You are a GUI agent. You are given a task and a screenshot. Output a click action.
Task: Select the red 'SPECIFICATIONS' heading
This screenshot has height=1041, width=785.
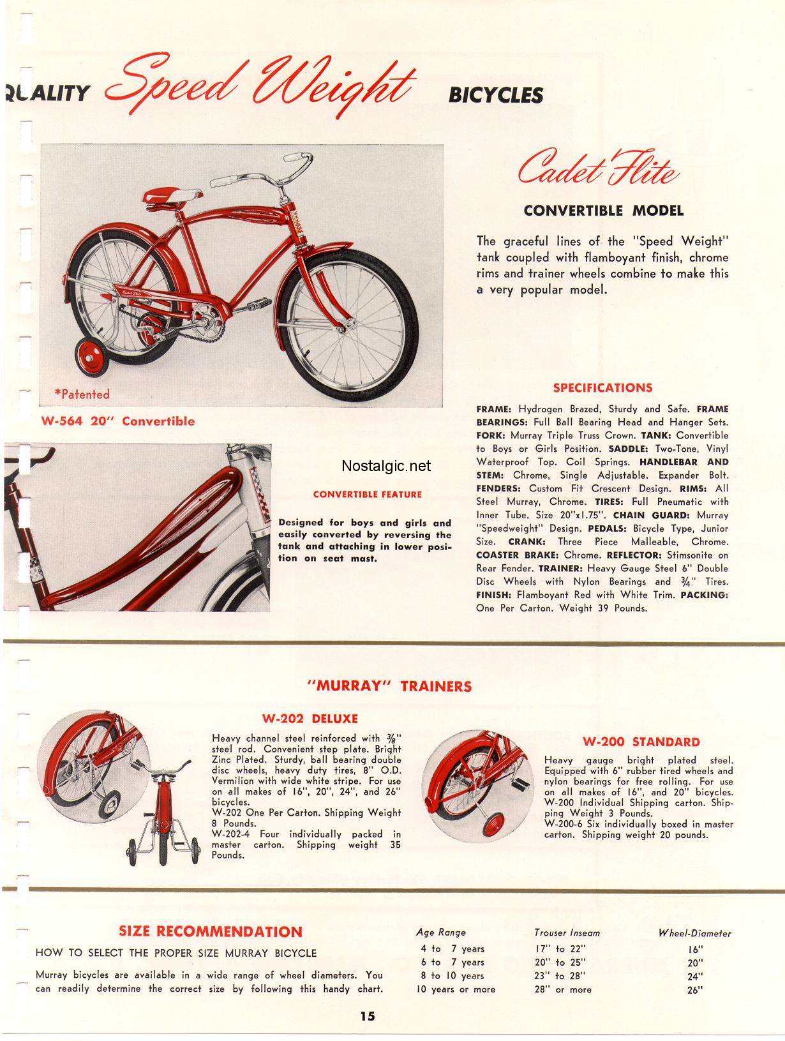(x=602, y=387)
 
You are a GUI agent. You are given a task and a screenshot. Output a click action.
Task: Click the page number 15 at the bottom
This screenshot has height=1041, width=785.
(x=367, y=1016)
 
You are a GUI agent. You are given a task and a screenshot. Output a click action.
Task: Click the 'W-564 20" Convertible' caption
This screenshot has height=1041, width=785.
(x=118, y=421)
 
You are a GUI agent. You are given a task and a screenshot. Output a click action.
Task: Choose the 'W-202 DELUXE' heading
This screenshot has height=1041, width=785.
(x=310, y=719)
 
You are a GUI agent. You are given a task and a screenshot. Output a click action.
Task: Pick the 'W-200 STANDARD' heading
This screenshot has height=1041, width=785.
(x=641, y=742)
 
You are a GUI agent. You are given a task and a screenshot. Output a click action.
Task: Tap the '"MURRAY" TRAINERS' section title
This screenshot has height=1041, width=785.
(x=389, y=686)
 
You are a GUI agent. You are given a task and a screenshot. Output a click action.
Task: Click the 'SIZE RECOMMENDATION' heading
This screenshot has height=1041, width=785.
(x=211, y=931)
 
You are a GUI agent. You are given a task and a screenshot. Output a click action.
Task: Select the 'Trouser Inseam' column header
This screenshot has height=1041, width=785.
(x=567, y=932)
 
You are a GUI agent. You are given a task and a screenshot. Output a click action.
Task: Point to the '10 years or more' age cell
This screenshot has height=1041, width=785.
(x=456, y=989)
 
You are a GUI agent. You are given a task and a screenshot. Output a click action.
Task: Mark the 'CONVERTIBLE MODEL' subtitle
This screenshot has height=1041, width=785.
(x=603, y=210)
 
